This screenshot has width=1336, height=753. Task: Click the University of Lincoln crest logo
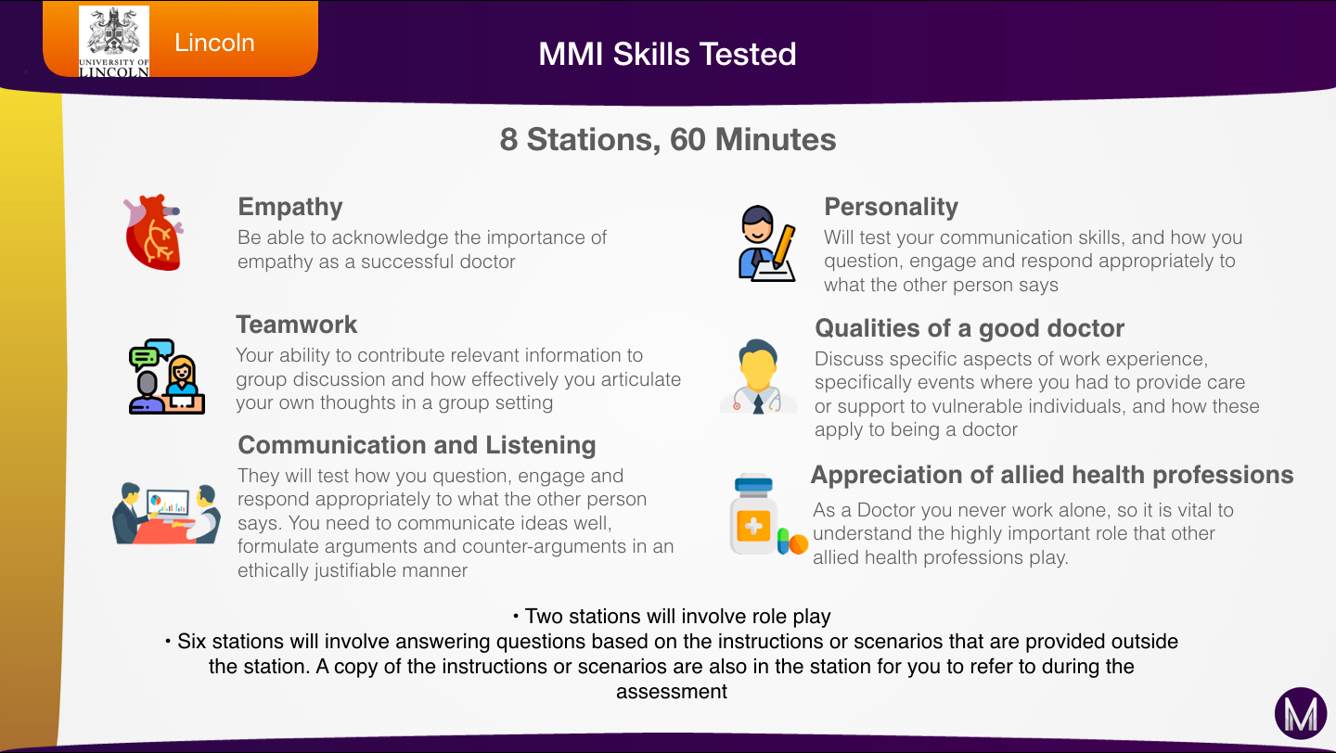click(114, 41)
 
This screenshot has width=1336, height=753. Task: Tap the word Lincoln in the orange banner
click(214, 43)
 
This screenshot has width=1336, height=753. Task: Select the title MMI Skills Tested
click(667, 55)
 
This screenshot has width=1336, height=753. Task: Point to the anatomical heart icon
click(153, 232)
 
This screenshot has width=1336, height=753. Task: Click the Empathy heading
click(290, 208)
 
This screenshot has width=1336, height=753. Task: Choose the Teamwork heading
click(297, 325)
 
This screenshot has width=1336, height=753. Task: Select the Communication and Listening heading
click(417, 445)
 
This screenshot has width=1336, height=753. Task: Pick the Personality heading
click(891, 207)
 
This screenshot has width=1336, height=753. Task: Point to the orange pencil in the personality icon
click(784, 247)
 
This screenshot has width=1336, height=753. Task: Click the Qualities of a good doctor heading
click(970, 328)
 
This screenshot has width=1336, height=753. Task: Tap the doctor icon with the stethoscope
click(758, 376)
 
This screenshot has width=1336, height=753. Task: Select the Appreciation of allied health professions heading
click(1052, 475)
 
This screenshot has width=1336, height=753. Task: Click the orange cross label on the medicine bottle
click(753, 526)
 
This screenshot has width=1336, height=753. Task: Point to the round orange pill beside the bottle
click(799, 544)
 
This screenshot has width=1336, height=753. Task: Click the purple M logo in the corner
click(1301, 714)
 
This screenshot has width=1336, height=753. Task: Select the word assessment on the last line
click(672, 692)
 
